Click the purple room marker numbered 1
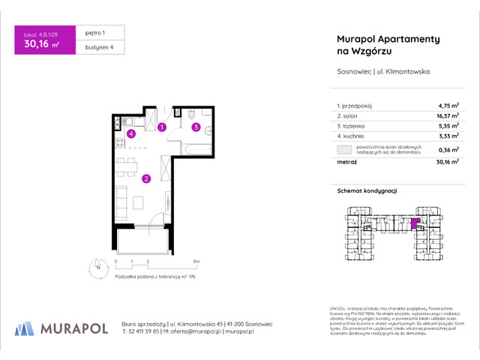tap(163, 127)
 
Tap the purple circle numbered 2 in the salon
tap(146, 178)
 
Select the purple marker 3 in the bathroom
tap(196, 127)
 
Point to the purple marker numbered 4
tap(130, 134)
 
